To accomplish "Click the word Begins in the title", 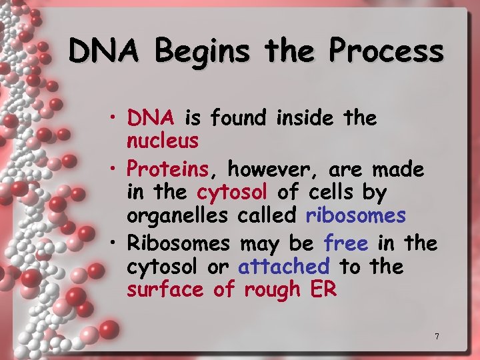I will click(x=197, y=51).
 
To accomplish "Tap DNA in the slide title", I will click(x=105, y=51).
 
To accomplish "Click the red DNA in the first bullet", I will click(x=151, y=118).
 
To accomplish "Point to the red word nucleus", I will click(x=163, y=141).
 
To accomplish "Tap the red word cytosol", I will click(x=232, y=193).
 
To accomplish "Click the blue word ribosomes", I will click(x=355, y=216).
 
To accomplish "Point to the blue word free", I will click(x=346, y=243).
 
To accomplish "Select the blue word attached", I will click(x=284, y=267).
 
